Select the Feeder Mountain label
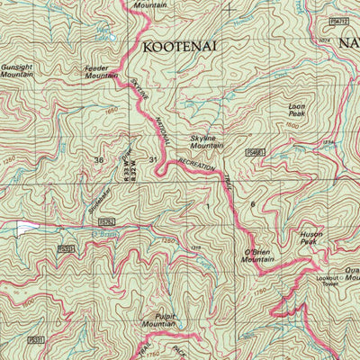(101, 71)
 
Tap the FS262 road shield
(107, 220)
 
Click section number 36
(99, 160)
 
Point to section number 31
(154, 160)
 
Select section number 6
(252, 206)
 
